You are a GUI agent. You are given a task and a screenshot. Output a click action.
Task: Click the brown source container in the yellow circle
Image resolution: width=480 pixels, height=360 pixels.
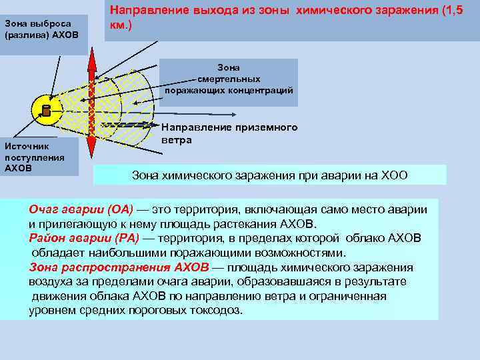click(45, 109)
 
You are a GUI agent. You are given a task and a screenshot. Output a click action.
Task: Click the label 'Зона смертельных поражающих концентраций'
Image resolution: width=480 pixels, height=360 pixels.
click(229, 79)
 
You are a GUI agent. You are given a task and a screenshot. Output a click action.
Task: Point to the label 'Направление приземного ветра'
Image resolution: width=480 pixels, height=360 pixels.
click(229, 133)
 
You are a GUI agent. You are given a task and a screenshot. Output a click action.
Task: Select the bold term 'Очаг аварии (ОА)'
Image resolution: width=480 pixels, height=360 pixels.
click(81, 209)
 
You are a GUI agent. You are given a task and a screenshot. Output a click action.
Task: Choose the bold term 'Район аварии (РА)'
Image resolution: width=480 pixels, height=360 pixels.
click(83, 238)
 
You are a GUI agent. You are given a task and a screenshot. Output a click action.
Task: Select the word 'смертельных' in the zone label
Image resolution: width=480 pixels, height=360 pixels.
click(229, 79)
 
